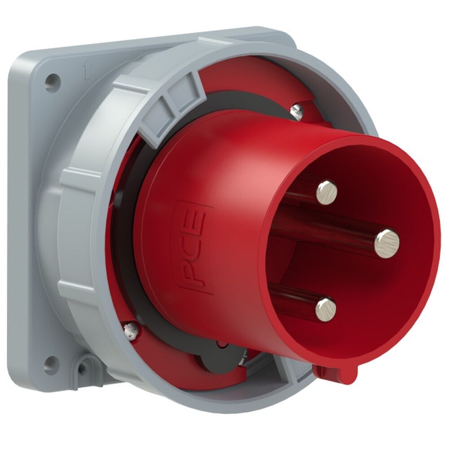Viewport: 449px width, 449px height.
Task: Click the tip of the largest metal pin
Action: pyautogui.click(x=387, y=243)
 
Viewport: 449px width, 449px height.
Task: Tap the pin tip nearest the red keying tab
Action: pyautogui.click(x=326, y=309)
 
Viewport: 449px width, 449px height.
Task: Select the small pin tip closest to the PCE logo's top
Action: pyautogui.click(x=327, y=192)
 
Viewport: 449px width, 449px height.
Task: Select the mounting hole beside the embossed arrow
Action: pyautogui.click(x=53, y=83)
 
